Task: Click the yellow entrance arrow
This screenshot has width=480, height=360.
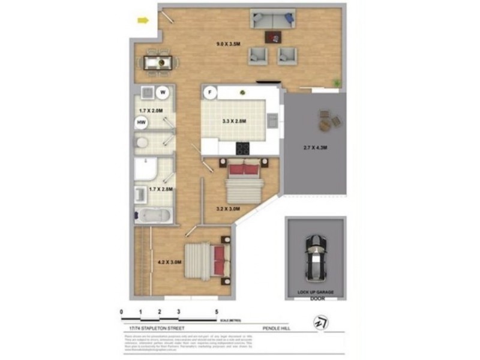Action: click(x=143, y=21)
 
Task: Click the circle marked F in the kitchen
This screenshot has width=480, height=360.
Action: click(x=209, y=92)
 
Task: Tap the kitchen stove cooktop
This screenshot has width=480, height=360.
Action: click(x=243, y=147)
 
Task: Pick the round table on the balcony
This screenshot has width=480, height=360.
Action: click(x=326, y=124)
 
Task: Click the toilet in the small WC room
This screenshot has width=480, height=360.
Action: click(x=142, y=143)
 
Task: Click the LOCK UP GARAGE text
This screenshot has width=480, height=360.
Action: click(x=316, y=292)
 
